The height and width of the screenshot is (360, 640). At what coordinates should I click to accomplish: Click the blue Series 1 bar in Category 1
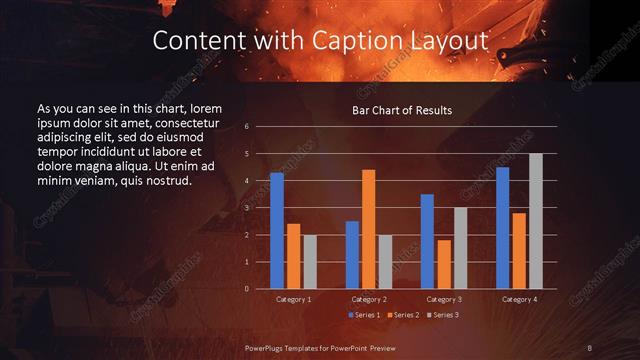click(x=276, y=231)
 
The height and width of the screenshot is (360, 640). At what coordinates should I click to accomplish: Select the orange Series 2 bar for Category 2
click(x=368, y=229)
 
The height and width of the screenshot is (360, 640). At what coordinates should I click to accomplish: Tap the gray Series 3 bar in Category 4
click(x=535, y=221)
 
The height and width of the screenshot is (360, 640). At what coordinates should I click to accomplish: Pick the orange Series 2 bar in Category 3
click(x=444, y=264)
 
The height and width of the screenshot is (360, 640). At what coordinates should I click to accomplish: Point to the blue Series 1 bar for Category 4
click(x=502, y=228)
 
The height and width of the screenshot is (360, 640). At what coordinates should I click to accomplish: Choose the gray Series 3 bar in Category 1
click(x=309, y=262)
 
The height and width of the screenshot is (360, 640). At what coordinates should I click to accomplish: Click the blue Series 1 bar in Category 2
click(x=352, y=255)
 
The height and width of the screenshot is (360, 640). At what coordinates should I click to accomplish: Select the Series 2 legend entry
click(x=403, y=315)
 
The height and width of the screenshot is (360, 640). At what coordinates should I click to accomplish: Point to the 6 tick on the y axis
click(x=246, y=127)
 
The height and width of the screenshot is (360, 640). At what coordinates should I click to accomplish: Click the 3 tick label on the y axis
click(x=246, y=208)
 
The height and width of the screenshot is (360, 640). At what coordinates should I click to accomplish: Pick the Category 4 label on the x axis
click(x=518, y=299)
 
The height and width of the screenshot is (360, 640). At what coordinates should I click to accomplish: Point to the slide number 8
click(x=590, y=347)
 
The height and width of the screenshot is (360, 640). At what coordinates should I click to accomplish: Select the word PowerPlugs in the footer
click(x=267, y=347)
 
